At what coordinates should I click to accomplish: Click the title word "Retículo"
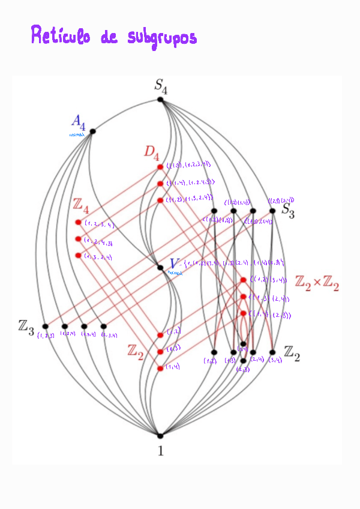click(x=61, y=36)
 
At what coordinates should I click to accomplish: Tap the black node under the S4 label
click(x=160, y=100)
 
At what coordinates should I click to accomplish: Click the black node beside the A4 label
click(x=92, y=131)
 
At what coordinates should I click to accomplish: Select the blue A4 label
click(x=78, y=122)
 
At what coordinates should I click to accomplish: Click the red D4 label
click(x=152, y=151)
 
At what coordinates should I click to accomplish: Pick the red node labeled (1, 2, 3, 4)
click(x=78, y=223)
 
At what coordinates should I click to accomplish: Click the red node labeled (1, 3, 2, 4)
click(x=78, y=256)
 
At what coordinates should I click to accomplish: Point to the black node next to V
click(x=160, y=267)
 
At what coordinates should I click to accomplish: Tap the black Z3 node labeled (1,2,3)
click(x=45, y=327)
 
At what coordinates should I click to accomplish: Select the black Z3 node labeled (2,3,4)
click(x=103, y=327)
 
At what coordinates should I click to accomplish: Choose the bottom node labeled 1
click(x=160, y=435)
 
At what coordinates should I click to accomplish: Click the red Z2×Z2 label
click(x=317, y=284)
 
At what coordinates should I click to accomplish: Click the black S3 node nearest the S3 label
click(x=272, y=211)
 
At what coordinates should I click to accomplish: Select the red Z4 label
click(x=81, y=205)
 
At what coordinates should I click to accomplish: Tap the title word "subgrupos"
click(x=162, y=37)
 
